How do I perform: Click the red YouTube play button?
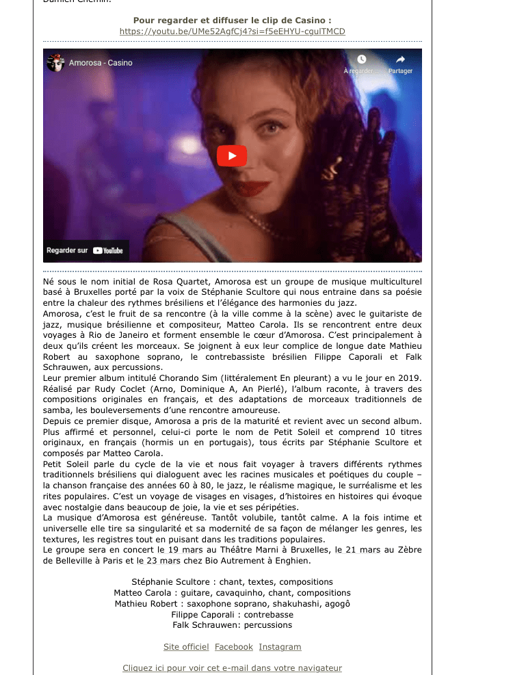click(x=232, y=156)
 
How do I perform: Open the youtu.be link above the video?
click(x=232, y=31)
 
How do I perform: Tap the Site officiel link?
click(x=186, y=647)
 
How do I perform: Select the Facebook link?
click(x=234, y=647)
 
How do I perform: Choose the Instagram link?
click(x=280, y=647)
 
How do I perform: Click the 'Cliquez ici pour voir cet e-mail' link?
click(x=232, y=668)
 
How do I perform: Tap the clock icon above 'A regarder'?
click(x=361, y=60)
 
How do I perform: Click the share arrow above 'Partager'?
click(x=400, y=60)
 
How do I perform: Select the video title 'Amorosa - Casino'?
click(x=101, y=63)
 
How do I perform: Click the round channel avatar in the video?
click(x=55, y=63)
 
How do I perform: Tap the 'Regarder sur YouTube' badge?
click(x=85, y=250)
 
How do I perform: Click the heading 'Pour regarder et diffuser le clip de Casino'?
click(x=232, y=21)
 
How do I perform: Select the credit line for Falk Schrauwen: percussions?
click(x=232, y=625)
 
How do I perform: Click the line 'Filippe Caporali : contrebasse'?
click(x=232, y=614)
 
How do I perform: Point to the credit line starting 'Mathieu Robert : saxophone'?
click(x=232, y=603)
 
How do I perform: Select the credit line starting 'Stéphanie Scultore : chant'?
click(x=232, y=581)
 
